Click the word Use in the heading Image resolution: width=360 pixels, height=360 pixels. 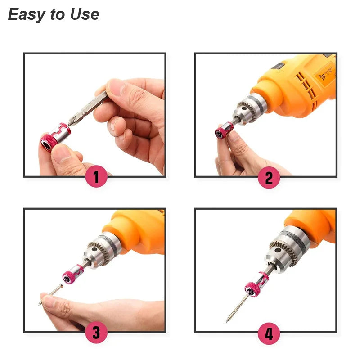point(84,14)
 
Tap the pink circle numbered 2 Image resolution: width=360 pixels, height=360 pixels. point(269,178)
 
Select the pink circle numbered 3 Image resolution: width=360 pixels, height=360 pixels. point(96,333)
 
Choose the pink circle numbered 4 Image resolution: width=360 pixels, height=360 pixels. point(269,333)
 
